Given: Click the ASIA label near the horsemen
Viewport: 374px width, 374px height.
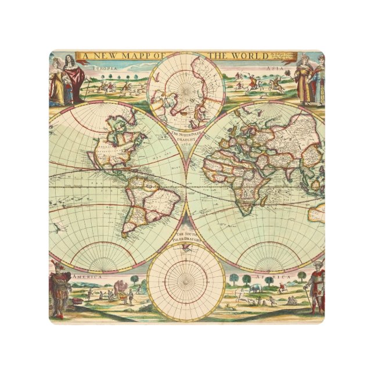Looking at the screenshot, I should click(273, 67).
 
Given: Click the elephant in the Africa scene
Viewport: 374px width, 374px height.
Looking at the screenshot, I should click(255, 288).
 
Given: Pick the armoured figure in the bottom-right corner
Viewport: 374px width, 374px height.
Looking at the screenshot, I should click(315, 288).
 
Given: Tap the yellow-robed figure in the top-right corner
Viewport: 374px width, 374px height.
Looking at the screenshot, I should click(303, 81).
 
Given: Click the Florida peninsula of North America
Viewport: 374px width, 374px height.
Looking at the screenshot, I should click(119, 157).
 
